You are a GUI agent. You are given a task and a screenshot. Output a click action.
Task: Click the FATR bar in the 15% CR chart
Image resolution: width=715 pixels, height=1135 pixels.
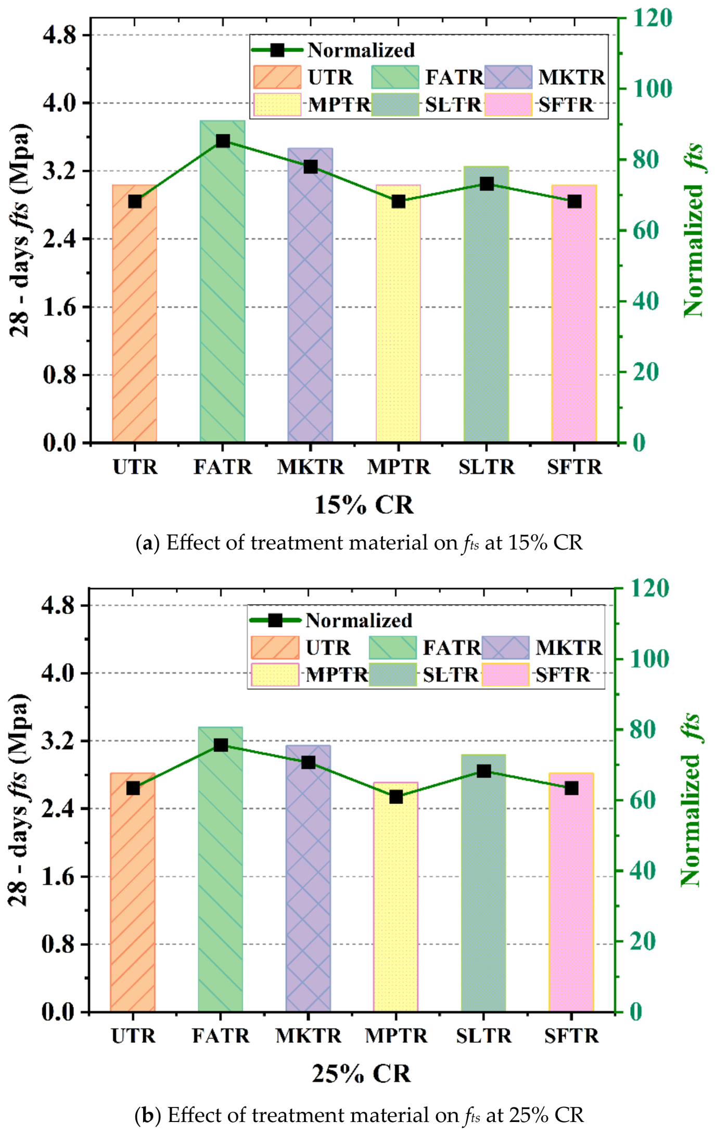point(222,291)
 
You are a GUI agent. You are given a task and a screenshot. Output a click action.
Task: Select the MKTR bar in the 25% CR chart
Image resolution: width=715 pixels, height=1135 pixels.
point(308,885)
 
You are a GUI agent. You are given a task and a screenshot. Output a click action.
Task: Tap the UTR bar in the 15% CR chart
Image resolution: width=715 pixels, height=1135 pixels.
point(135,323)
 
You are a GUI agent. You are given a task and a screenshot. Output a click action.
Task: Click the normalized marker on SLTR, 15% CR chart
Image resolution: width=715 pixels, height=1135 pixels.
point(487,184)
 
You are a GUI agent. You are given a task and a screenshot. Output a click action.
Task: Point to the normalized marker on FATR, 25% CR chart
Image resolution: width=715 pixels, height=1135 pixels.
point(221,745)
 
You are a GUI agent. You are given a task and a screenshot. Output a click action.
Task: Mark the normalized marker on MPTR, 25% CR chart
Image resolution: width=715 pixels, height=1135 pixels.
point(396,797)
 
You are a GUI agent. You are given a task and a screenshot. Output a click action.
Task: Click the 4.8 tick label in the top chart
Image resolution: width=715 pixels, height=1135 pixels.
point(59,35)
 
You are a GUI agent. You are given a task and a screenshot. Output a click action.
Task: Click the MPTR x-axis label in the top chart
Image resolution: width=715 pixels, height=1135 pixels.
point(399,467)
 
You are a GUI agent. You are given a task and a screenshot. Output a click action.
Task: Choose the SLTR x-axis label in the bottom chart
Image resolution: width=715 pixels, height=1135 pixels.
point(483,1036)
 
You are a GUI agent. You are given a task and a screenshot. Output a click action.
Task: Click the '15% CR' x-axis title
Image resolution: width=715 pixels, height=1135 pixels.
point(364,505)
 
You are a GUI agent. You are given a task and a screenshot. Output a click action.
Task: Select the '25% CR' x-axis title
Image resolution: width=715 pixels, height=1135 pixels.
point(361,1073)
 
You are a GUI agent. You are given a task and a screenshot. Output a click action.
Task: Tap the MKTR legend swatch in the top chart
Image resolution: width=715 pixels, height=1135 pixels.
point(508,77)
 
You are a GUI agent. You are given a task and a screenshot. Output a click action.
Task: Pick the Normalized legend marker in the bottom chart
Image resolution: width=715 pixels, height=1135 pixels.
point(275,620)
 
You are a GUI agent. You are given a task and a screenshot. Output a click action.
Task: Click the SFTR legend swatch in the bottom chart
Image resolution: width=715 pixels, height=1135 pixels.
point(505,675)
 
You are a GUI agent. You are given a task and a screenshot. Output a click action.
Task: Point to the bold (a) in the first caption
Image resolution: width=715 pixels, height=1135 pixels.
point(147,543)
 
